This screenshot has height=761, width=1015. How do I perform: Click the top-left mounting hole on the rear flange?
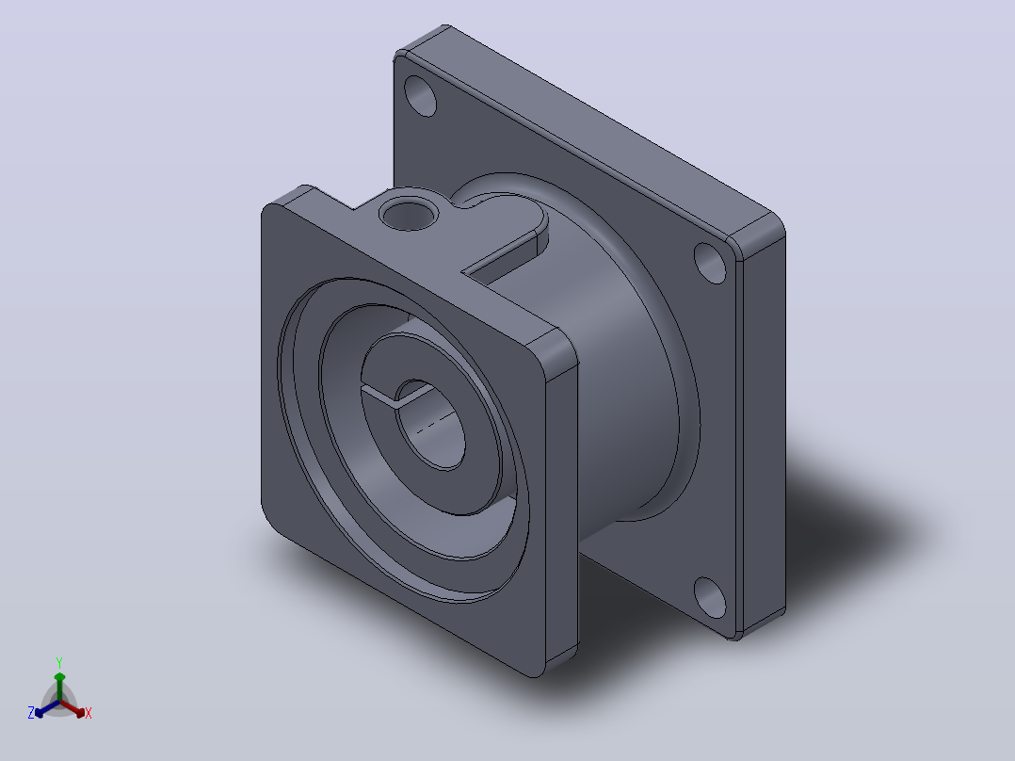[420, 96]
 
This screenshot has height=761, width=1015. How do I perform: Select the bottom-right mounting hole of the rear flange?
[710, 597]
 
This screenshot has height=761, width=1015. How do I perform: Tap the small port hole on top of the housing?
[409, 215]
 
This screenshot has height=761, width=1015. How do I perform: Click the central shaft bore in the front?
[429, 424]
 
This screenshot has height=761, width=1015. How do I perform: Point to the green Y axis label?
[59, 662]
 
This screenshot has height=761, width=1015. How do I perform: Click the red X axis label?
[89, 713]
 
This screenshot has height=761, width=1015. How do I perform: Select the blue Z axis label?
[30, 712]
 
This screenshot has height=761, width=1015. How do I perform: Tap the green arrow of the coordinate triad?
[59, 686]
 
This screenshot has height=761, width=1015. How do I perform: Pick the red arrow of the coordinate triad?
[72, 707]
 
